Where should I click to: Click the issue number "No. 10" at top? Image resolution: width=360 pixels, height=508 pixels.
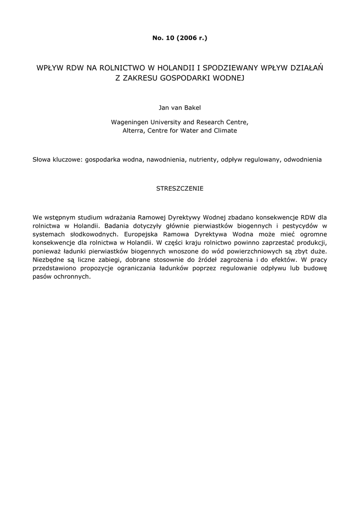coord(163,38)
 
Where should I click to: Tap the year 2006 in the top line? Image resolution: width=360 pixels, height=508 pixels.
coord(188,38)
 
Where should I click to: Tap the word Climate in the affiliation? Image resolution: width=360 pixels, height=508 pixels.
coord(225,130)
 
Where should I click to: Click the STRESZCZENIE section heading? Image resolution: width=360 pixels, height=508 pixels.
coord(180,189)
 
